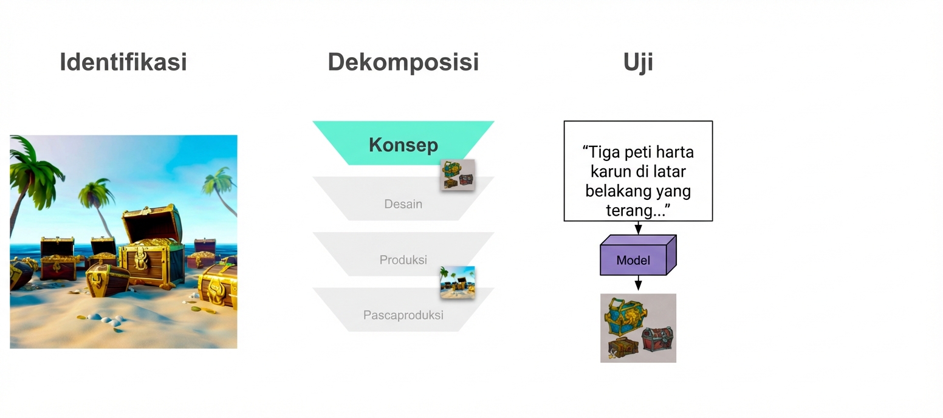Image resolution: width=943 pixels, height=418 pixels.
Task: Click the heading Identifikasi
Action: coord(123,62)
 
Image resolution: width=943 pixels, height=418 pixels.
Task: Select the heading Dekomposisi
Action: coord(403,62)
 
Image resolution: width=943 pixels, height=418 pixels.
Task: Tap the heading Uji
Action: coord(638,62)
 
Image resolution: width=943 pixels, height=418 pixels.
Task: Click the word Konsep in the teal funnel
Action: coord(403,145)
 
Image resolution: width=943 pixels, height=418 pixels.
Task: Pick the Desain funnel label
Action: coord(403,204)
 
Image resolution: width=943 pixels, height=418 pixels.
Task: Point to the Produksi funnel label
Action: coord(403,260)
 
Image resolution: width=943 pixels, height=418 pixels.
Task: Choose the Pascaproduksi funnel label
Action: coord(403,315)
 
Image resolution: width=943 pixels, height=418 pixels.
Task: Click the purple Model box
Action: coord(634,260)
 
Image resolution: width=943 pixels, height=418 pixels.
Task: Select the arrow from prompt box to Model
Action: coord(638,228)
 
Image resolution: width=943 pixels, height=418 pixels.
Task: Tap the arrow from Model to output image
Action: coord(638,284)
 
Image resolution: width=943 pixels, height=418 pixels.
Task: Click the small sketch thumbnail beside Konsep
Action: coord(458,175)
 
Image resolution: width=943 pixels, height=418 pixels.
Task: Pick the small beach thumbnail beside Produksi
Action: coord(457,283)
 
